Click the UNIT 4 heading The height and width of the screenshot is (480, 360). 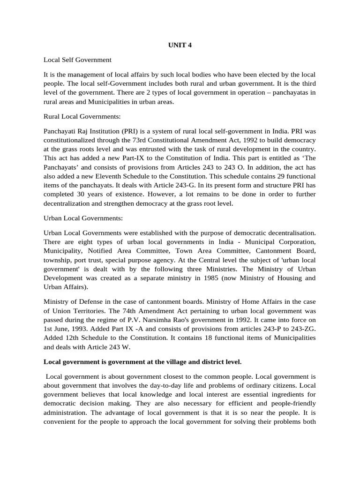tap(180, 45)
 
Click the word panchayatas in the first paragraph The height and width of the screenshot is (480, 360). tap(289, 92)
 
